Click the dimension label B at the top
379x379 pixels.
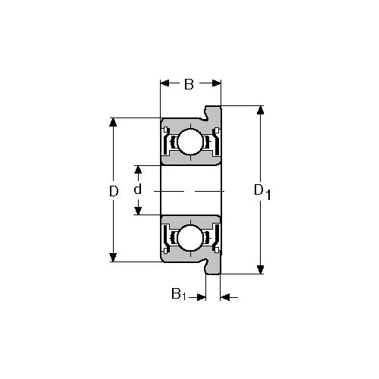pyautogui.click(x=189, y=84)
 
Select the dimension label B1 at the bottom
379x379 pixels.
pyautogui.click(x=179, y=294)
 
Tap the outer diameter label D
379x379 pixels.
pyautogui.click(x=114, y=191)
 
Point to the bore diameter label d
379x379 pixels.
pyautogui.click(x=137, y=189)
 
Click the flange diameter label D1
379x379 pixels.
pyautogui.click(x=262, y=192)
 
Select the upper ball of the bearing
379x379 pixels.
pyautogui.click(x=190, y=142)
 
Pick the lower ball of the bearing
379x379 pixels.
pyautogui.click(x=190, y=237)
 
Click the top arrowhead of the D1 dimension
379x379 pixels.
pyautogui.click(x=260, y=110)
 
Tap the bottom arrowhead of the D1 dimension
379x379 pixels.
pyautogui.click(x=260, y=270)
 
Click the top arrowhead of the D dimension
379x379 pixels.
pyautogui.click(x=113, y=122)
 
